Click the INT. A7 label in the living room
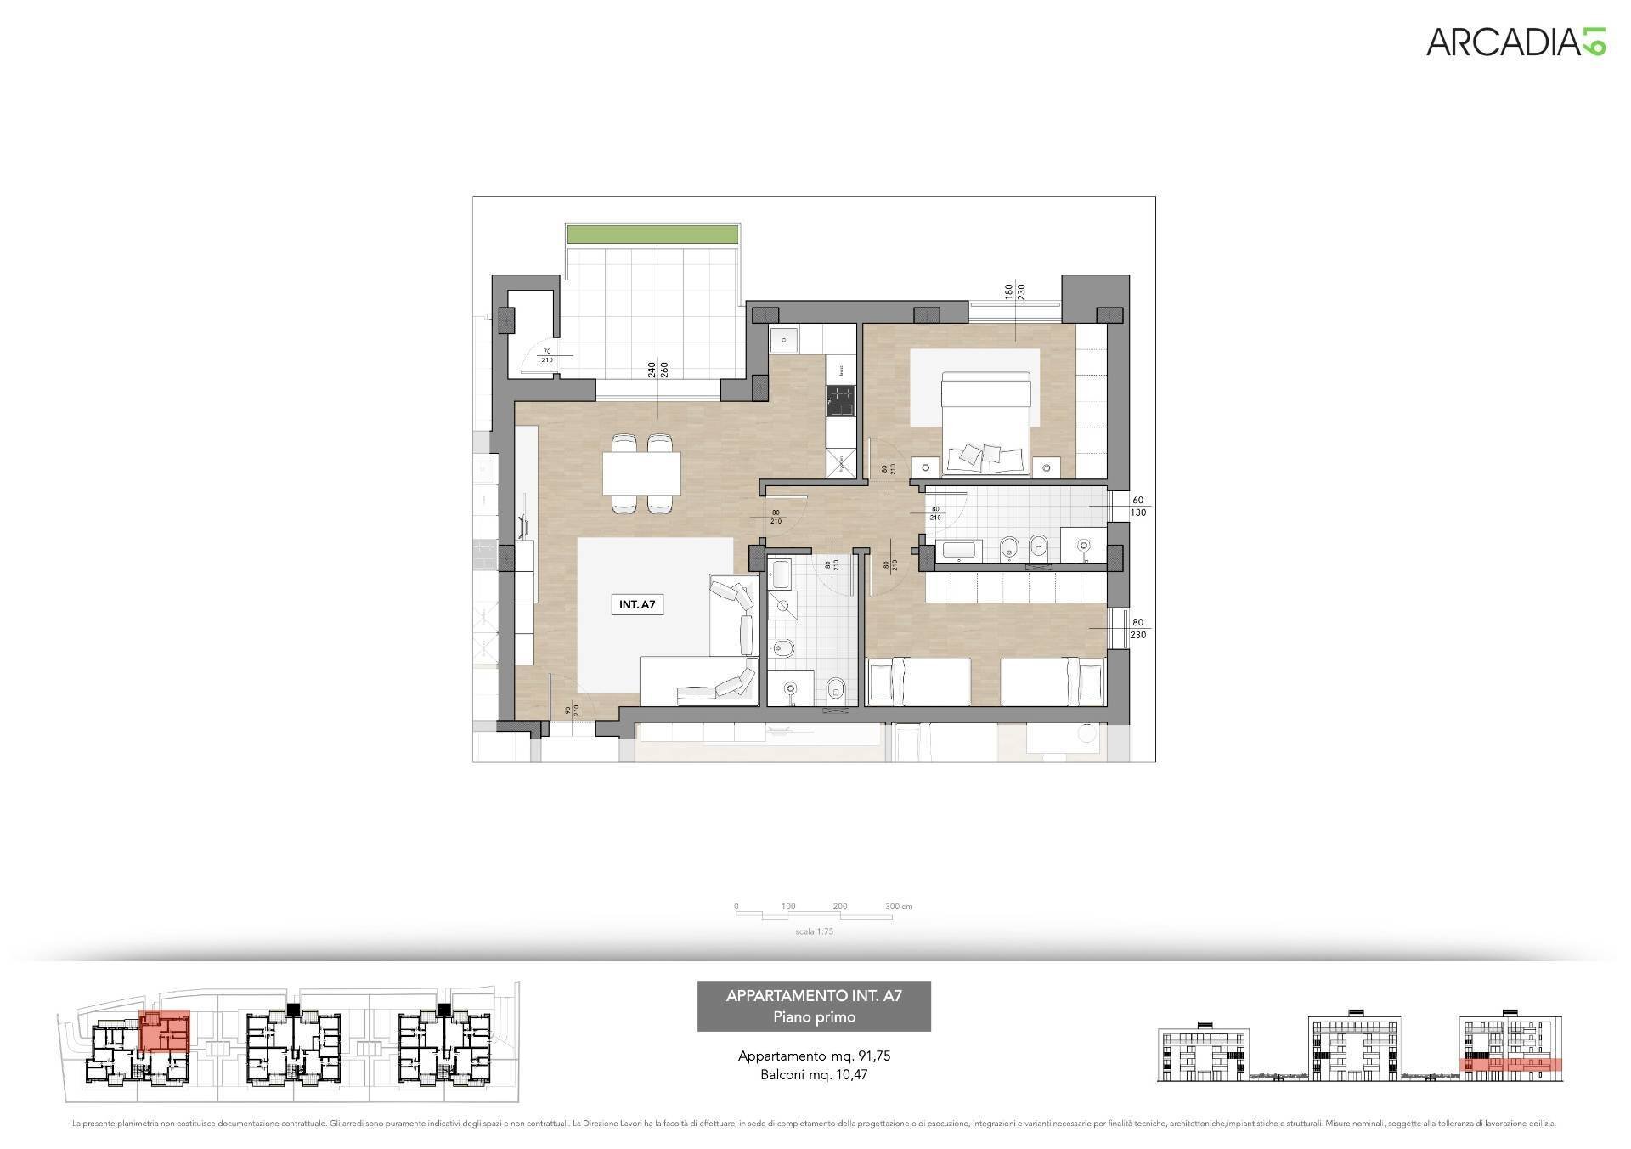[636, 605]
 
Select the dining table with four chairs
[641, 474]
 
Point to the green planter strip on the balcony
[652, 233]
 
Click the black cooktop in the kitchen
[841, 401]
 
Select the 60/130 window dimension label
[1138, 507]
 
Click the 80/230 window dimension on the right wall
[1138, 628]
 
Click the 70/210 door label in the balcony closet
[547, 355]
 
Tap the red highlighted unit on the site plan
[164, 1031]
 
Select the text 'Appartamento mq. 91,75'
[814, 1056]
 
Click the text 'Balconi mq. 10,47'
[814, 1075]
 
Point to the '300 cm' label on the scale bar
[898, 907]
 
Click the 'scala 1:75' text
[814, 931]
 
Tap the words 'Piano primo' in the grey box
[814, 1017]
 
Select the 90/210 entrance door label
[572, 710]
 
